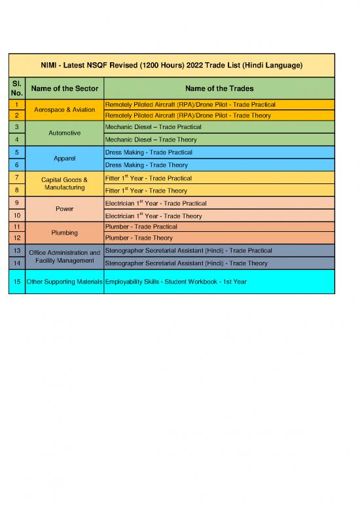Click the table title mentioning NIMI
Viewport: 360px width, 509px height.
click(171, 66)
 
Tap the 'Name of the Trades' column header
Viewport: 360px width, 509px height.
click(219, 88)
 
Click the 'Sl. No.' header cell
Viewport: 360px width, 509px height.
click(16, 88)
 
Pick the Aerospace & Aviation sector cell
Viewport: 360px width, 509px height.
click(64, 109)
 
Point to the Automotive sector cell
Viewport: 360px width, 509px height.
click(64, 133)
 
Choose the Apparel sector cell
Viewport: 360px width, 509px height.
click(64, 159)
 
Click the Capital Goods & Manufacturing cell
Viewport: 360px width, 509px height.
click(64, 183)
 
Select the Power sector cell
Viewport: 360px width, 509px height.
click(64, 209)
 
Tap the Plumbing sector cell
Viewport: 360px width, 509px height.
click(64, 233)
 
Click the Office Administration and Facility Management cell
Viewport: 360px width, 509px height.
click(64, 256)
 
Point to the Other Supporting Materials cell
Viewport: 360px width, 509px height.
click(64, 281)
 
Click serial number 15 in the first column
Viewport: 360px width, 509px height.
click(16, 281)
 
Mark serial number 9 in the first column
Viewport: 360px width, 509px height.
click(16, 202)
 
